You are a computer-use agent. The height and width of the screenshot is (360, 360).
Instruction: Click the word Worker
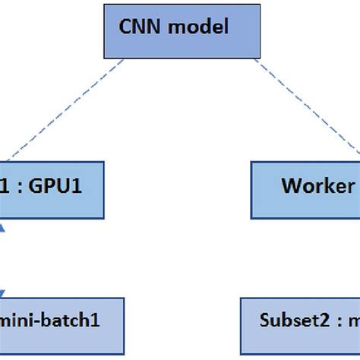(317, 187)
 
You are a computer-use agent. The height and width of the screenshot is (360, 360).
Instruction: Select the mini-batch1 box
(61, 318)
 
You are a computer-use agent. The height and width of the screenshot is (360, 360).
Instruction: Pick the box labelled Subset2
(301, 318)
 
